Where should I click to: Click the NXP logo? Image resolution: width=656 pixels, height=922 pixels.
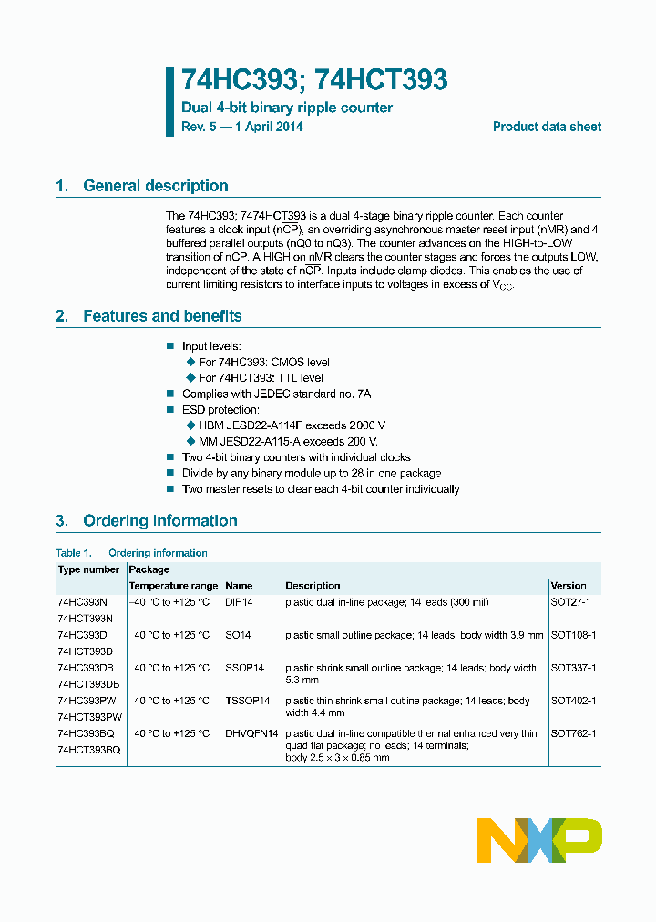pos(539,840)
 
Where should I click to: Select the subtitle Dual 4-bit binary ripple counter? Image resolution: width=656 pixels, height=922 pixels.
pos(287,108)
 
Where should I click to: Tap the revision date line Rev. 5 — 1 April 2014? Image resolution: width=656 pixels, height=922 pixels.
pos(242,127)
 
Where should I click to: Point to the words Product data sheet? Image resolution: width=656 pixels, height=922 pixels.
pos(547,127)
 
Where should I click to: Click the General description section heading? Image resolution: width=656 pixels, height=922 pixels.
pos(155,186)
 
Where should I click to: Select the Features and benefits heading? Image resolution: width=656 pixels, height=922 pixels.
pos(162,316)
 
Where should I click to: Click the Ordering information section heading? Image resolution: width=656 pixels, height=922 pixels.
pos(159,521)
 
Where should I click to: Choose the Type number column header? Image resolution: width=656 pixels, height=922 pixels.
pos(88,569)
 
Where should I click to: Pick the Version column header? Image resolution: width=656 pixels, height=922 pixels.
pos(569,586)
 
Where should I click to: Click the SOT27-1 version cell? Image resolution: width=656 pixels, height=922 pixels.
pos(571,602)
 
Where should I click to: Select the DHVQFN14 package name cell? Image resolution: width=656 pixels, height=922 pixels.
pos(251,733)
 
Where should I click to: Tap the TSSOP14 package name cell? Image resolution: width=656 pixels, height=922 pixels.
pos(248,701)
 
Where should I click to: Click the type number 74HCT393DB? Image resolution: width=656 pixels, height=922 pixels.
pos(88,683)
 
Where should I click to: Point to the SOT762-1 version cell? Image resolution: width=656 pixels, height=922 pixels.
pos(574,733)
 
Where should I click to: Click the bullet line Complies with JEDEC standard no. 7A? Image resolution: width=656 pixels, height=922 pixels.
pos(276,394)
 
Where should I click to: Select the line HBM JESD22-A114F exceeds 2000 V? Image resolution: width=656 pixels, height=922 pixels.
pos(292,425)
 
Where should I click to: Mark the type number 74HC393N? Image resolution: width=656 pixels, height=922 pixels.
pos(82,602)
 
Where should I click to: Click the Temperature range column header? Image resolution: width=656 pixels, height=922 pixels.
pos(173,586)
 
